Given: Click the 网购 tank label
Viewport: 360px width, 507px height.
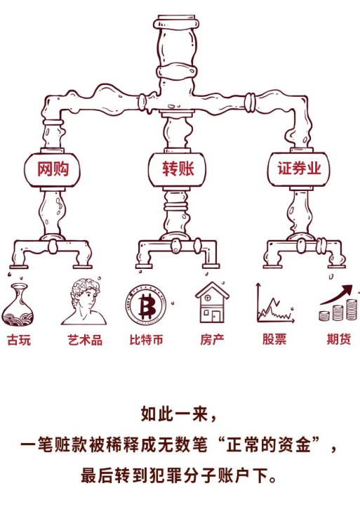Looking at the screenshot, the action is click(53, 169).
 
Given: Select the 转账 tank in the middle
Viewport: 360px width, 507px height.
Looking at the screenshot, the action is click(177, 169).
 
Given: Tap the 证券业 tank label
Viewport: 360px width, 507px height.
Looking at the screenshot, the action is click(299, 169).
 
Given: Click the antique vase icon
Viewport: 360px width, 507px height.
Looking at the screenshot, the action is click(18, 305).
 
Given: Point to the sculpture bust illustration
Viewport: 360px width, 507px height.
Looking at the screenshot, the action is click(85, 302).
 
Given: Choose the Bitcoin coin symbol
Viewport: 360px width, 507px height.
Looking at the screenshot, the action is click(146, 305).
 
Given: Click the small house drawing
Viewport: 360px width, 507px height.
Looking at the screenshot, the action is click(212, 303).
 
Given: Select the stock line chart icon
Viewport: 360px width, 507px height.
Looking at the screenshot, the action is click(274, 303).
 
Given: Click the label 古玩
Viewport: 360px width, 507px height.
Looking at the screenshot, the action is click(19, 340).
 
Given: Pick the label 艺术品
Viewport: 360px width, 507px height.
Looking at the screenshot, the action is click(85, 340).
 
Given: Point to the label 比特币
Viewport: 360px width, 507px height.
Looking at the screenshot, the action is click(147, 340).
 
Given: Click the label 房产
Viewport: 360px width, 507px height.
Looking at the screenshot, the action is click(212, 340).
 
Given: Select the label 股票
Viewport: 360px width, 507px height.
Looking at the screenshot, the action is click(274, 339).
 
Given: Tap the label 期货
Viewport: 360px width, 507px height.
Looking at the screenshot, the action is click(339, 339).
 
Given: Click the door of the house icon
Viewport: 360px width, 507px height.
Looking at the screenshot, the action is click(216, 316).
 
